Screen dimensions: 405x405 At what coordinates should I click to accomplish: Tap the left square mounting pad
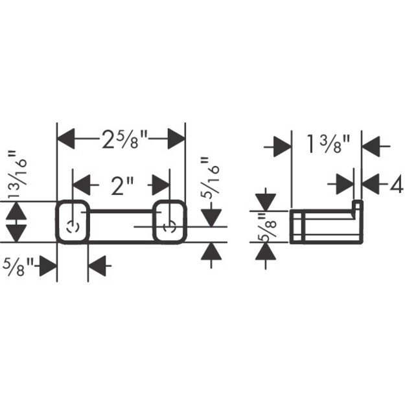72,222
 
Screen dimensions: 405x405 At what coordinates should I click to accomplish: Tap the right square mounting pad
170,222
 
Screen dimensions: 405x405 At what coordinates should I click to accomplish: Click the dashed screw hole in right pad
170,227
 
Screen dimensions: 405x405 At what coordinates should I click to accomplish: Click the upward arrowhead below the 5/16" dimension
208,253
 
